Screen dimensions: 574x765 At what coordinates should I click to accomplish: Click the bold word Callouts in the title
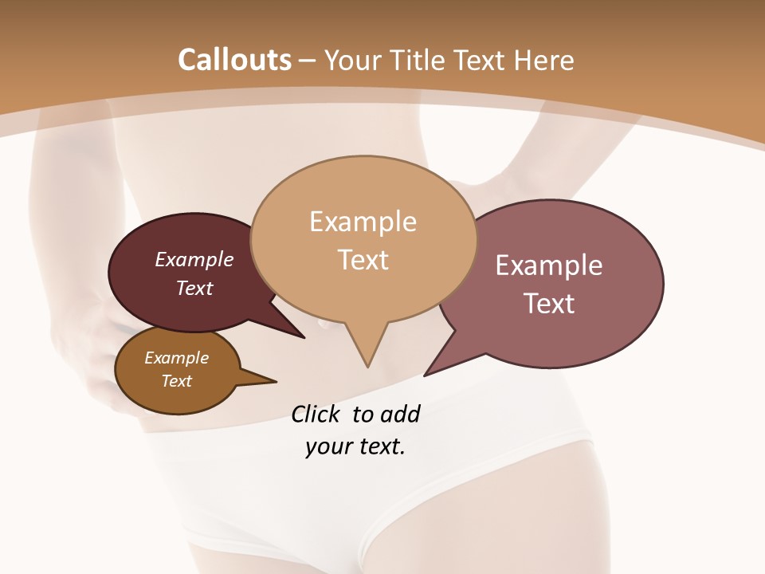[x=234, y=60]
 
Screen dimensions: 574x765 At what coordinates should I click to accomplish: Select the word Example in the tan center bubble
[x=363, y=222]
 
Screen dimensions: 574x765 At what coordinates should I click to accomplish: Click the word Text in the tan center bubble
[x=363, y=260]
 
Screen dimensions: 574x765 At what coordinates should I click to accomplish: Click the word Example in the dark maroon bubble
[x=194, y=259]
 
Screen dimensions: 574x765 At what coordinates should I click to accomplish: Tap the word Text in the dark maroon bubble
[x=194, y=288]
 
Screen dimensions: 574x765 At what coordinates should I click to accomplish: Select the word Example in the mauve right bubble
[x=549, y=265]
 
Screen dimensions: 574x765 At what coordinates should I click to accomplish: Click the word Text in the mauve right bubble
[x=549, y=304]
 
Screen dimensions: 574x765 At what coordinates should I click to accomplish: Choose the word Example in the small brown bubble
[x=176, y=358]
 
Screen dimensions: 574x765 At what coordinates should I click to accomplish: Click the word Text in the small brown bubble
[x=176, y=381]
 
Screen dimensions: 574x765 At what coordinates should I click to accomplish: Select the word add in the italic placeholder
[x=400, y=414]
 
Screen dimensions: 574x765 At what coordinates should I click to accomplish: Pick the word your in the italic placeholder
[x=328, y=446]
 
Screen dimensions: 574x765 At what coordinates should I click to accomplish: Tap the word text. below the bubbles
[x=381, y=446]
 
